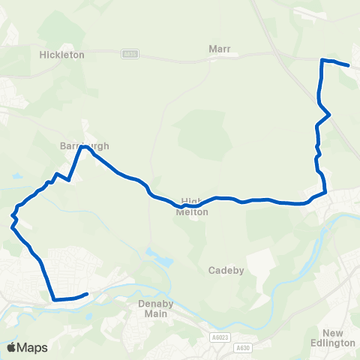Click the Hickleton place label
click(61, 55)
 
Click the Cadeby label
click(226, 270)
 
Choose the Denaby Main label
click(156, 307)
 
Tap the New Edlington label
click(338, 337)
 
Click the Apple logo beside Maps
click(11, 347)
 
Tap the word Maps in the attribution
click(32, 347)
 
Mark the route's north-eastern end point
click(349, 65)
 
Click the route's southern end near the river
click(88, 293)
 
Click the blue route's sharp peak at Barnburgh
click(82, 147)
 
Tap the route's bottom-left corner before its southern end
click(54, 300)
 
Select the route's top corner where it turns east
click(322, 59)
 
